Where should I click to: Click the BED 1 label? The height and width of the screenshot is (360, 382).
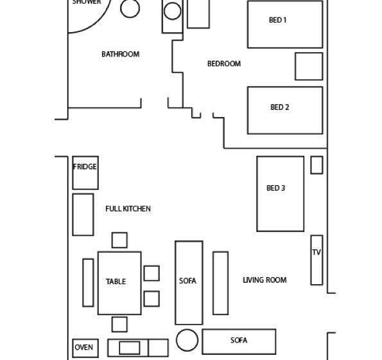click(x=278, y=20)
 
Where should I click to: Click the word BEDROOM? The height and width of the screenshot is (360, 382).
click(x=224, y=64)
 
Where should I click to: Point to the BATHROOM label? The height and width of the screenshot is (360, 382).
click(x=120, y=54)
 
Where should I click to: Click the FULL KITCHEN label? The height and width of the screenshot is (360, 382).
click(x=128, y=209)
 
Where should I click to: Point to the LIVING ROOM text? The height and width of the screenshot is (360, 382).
click(x=265, y=280)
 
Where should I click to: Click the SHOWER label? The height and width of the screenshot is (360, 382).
click(x=87, y=2)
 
